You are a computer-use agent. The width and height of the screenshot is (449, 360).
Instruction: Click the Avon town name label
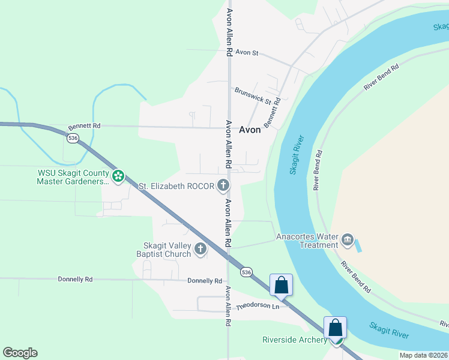click(x=250, y=130)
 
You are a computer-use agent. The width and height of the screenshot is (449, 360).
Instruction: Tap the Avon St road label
click(x=246, y=53)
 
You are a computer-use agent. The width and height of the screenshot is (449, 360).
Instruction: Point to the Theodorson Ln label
click(x=258, y=307)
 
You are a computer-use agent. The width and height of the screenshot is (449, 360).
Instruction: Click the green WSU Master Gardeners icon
click(x=119, y=176)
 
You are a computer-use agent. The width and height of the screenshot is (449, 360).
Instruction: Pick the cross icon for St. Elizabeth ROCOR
click(x=223, y=186)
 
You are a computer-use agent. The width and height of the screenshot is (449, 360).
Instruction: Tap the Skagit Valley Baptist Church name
click(x=167, y=250)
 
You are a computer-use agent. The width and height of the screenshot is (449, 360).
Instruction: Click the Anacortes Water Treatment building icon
click(x=347, y=241)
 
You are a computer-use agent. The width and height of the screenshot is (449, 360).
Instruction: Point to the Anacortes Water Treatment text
click(x=307, y=241)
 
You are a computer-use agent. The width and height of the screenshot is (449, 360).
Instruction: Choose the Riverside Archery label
click(x=294, y=340)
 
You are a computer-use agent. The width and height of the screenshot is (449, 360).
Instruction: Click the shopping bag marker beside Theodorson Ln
click(x=281, y=286)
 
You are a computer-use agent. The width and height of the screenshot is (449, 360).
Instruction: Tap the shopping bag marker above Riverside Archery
click(x=335, y=328)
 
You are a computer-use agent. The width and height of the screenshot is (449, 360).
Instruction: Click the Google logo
click(x=20, y=353)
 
